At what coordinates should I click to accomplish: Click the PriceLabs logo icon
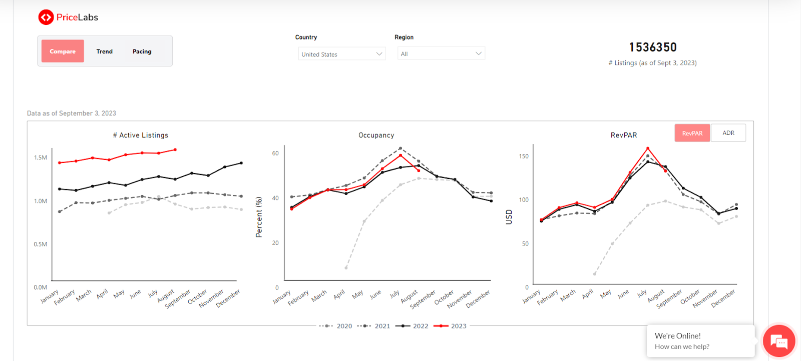pos(46,17)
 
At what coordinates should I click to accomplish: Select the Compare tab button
pos(63,51)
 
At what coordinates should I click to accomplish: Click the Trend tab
pos(105,51)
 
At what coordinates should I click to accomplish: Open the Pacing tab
pos(142,51)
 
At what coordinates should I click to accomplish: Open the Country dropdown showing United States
pos(342,54)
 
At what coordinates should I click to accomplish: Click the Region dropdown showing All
pos(441,53)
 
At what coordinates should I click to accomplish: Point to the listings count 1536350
pos(653,47)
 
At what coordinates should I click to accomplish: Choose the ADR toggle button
pos(728,133)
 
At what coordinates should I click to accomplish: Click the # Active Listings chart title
pos(141,135)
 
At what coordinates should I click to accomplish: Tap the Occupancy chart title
pos(376,135)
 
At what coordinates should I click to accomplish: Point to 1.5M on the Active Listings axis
pos(41,157)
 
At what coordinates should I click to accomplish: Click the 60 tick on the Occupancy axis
pos(275,153)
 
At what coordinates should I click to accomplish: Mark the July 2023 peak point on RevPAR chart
pos(648,148)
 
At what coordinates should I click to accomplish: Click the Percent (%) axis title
pos(259,217)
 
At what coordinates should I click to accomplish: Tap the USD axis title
pos(509,217)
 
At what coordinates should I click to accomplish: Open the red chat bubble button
pos(779,341)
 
